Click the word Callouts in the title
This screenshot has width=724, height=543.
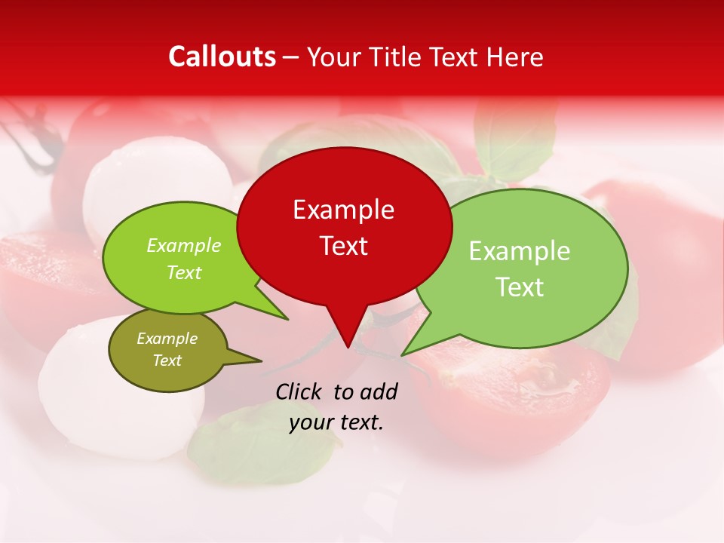point(222,57)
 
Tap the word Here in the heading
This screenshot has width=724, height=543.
point(516,57)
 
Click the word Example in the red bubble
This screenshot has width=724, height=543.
point(343,210)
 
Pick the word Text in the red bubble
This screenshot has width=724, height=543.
point(343,245)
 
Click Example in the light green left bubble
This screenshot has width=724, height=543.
point(184,246)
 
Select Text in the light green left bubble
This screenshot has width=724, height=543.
point(184,272)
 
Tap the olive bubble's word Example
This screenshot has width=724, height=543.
point(167,339)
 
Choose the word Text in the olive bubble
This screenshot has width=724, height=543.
point(167,360)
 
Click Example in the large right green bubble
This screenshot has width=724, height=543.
point(520,251)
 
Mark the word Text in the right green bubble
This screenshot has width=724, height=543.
point(520,287)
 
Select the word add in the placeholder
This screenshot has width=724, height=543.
point(379,391)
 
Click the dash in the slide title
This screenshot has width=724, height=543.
point(291,57)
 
